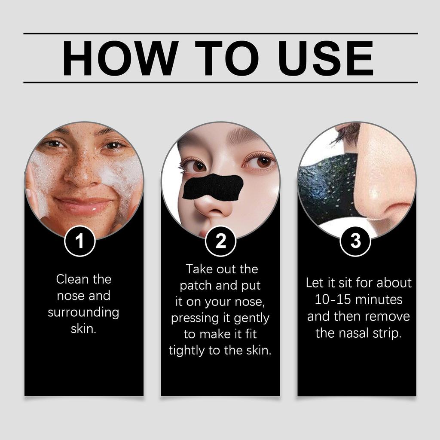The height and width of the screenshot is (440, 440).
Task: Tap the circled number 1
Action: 79,241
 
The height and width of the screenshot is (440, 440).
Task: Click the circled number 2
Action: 220,241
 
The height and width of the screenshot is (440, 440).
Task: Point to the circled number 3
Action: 355,241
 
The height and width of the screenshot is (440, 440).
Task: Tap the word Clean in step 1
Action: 72,279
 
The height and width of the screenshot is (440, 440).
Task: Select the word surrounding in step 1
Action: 83,312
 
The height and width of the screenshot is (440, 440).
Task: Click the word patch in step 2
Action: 196,286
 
